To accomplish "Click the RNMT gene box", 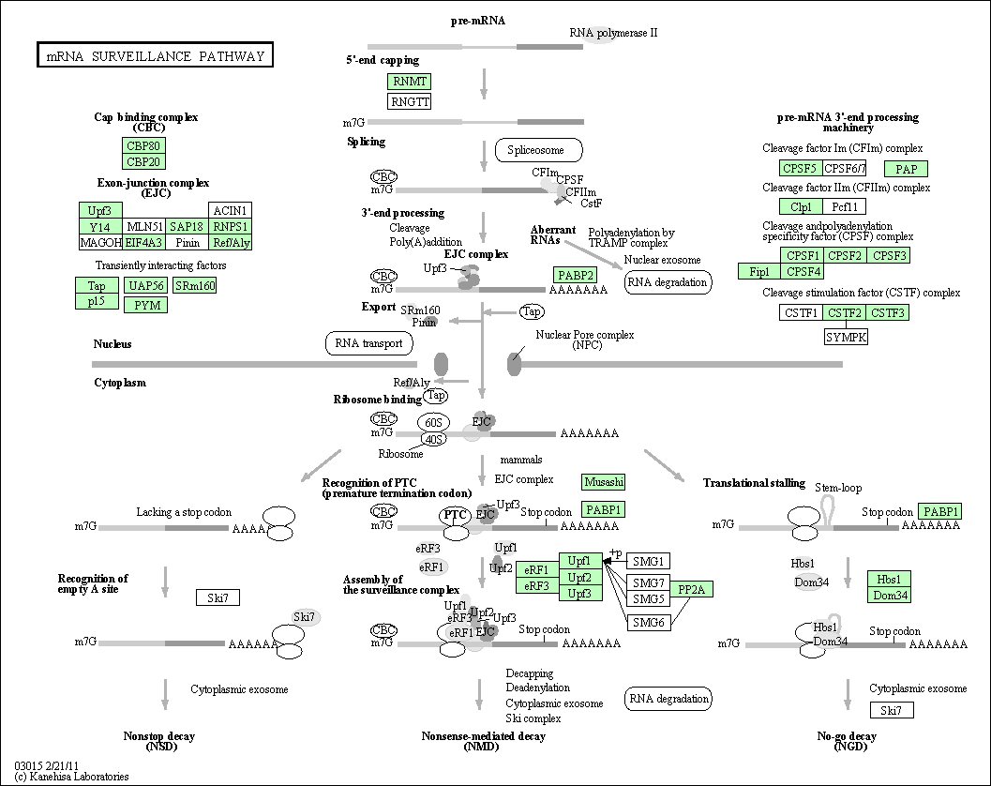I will point(410,82).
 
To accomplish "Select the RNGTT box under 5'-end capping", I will point(410,100).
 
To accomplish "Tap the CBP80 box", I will point(143,145).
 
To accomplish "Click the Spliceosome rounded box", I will point(538,150).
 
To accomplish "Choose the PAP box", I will point(906,169).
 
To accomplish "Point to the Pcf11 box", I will point(845,206).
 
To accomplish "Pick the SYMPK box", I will point(846,336).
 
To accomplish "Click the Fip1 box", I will point(759,272).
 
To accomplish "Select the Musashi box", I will point(603,481).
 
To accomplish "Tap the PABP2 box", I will point(574,275).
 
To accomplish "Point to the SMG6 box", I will point(648,622).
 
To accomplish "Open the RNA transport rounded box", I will point(369,343).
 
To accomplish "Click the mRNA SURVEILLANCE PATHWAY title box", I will point(155,56).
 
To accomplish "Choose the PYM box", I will point(145,305).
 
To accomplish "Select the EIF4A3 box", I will point(145,243).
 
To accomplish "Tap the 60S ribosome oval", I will point(432,423).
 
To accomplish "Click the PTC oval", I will point(456,514).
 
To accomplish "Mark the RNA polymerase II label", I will point(613,33).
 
